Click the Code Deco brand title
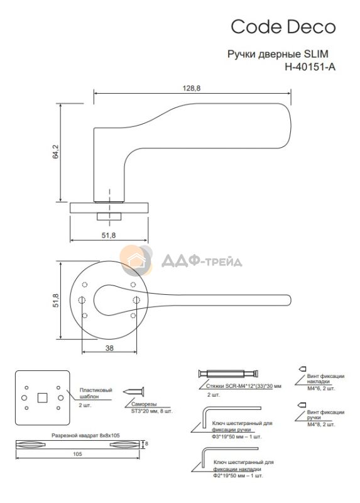(283, 27)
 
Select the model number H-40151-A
(310, 67)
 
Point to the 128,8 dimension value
(192, 88)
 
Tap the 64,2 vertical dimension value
(56, 152)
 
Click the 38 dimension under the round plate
(109, 348)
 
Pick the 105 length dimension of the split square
(77, 454)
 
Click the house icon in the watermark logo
(136, 260)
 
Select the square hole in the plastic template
(42, 398)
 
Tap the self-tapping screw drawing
(133, 392)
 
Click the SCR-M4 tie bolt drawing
(228, 373)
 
